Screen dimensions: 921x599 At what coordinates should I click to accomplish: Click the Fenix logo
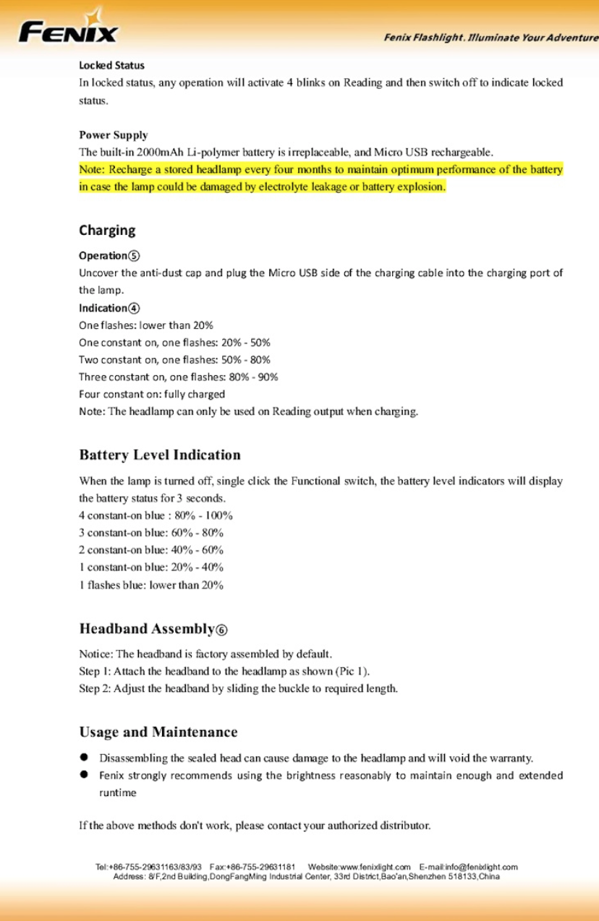[68, 29]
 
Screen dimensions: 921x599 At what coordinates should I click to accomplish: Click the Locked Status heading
[111, 65]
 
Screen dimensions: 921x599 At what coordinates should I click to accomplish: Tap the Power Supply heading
[114, 134]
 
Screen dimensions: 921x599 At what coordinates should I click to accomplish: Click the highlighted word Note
[92, 170]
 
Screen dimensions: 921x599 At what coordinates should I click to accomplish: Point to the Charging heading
[107, 230]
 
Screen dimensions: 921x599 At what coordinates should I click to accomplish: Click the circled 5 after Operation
[135, 256]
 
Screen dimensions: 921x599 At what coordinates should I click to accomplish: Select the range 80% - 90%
[254, 377]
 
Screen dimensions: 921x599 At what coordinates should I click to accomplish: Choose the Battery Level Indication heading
[160, 455]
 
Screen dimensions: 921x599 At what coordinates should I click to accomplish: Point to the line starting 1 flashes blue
[150, 585]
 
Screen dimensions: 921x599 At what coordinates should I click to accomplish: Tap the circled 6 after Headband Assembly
[221, 630]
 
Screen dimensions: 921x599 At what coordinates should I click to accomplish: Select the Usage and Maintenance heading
[158, 732]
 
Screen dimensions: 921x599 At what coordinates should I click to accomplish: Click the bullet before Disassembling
[84, 758]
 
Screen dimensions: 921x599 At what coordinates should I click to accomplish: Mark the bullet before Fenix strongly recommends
[84, 775]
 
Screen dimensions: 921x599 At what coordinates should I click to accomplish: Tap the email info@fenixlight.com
[484, 867]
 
